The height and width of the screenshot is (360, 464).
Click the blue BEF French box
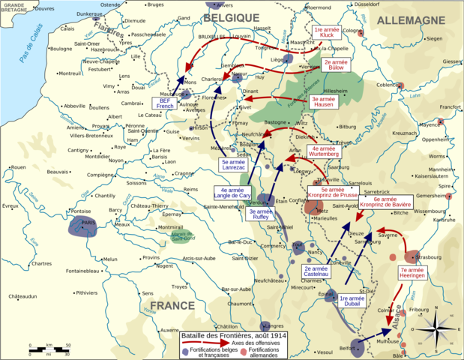click(x=164, y=104)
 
